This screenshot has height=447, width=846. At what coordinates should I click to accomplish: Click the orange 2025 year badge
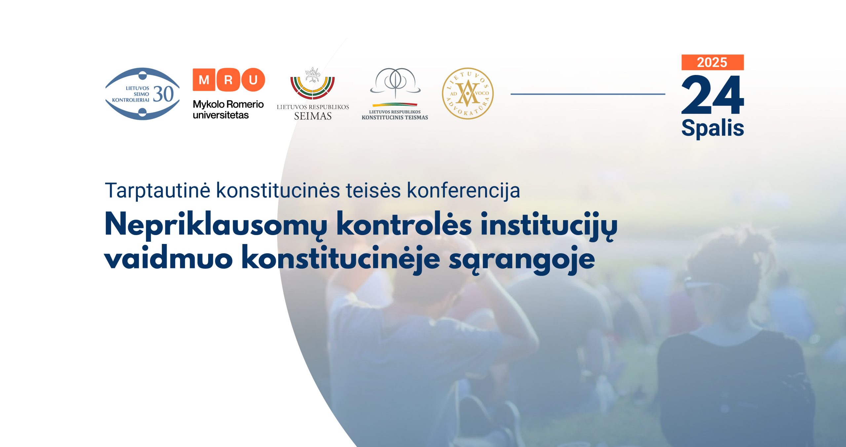pyautogui.click(x=712, y=62)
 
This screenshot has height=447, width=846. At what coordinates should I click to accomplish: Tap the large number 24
pyautogui.click(x=712, y=95)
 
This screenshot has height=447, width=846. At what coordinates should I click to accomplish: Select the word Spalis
pyautogui.click(x=712, y=128)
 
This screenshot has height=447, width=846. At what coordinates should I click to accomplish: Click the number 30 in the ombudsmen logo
pyautogui.click(x=163, y=94)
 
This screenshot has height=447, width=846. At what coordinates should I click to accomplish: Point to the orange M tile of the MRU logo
pyautogui.click(x=204, y=80)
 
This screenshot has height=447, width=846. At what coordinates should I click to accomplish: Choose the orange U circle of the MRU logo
pyautogui.click(x=253, y=80)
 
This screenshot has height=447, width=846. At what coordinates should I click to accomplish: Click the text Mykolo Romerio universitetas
pyautogui.click(x=228, y=110)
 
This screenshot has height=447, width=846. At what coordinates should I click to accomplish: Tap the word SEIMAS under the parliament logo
pyautogui.click(x=313, y=116)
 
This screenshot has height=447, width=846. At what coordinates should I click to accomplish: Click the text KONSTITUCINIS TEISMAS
pyautogui.click(x=395, y=117)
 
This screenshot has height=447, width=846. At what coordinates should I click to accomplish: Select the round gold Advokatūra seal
pyautogui.click(x=468, y=93)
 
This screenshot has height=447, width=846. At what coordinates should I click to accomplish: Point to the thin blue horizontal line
pyautogui.click(x=588, y=94)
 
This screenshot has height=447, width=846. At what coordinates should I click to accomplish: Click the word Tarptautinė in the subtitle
pyautogui.click(x=158, y=190)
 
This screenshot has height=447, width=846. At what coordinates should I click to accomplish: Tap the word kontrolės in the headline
pyautogui.click(x=404, y=224)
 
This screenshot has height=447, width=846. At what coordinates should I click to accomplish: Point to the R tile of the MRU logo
pyautogui.click(x=228, y=80)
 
